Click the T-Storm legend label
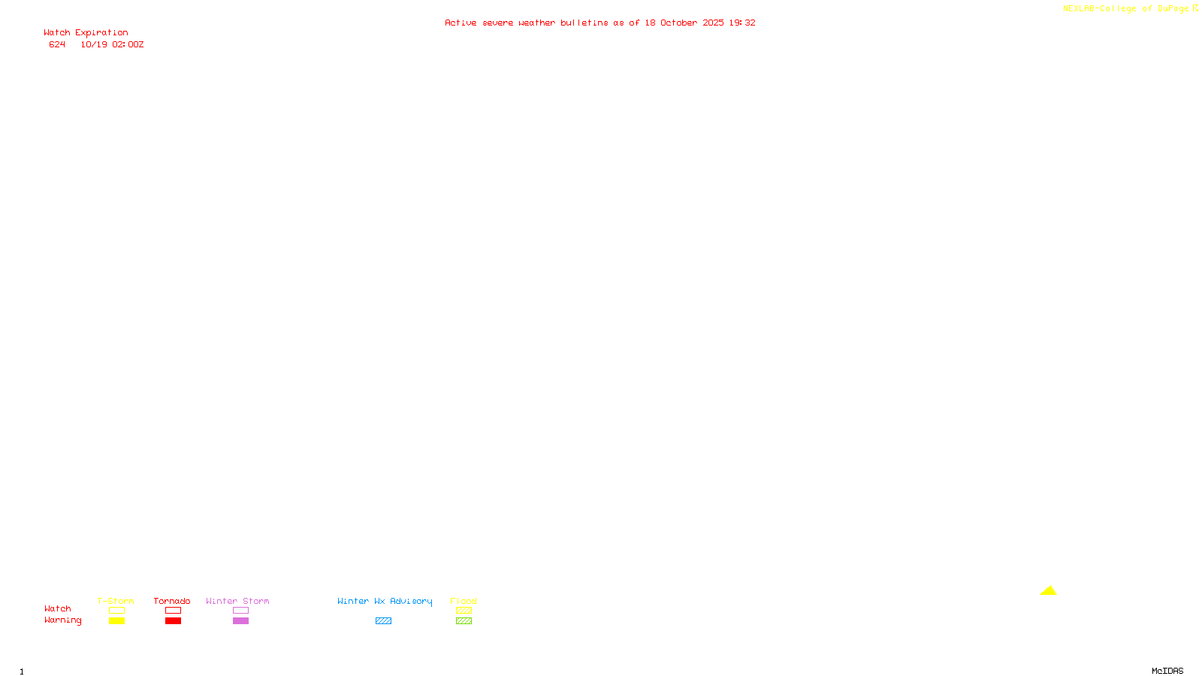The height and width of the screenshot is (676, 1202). [x=116, y=601]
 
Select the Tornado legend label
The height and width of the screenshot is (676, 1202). [x=172, y=601]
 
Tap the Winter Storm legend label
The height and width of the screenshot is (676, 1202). [x=237, y=601]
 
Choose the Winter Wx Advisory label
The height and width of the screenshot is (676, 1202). [x=385, y=601]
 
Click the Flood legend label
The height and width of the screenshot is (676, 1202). [x=464, y=601]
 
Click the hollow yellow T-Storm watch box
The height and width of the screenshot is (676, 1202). [x=116, y=611]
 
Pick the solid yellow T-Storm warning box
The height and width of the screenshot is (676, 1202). [x=116, y=621]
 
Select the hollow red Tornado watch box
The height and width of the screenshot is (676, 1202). [x=173, y=611]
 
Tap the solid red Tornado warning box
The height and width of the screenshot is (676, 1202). [x=173, y=621]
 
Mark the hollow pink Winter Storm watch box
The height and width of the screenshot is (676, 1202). [x=240, y=611]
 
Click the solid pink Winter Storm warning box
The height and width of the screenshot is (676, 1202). [x=240, y=621]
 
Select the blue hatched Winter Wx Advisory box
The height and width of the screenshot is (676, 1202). [x=383, y=621]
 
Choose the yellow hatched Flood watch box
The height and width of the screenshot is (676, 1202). [x=464, y=611]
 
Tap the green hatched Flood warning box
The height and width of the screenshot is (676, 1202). [x=464, y=621]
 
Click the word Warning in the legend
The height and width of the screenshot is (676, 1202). [x=62, y=620]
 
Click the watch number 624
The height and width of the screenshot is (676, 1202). [x=57, y=44]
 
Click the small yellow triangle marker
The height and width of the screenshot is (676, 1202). [x=1048, y=591]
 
